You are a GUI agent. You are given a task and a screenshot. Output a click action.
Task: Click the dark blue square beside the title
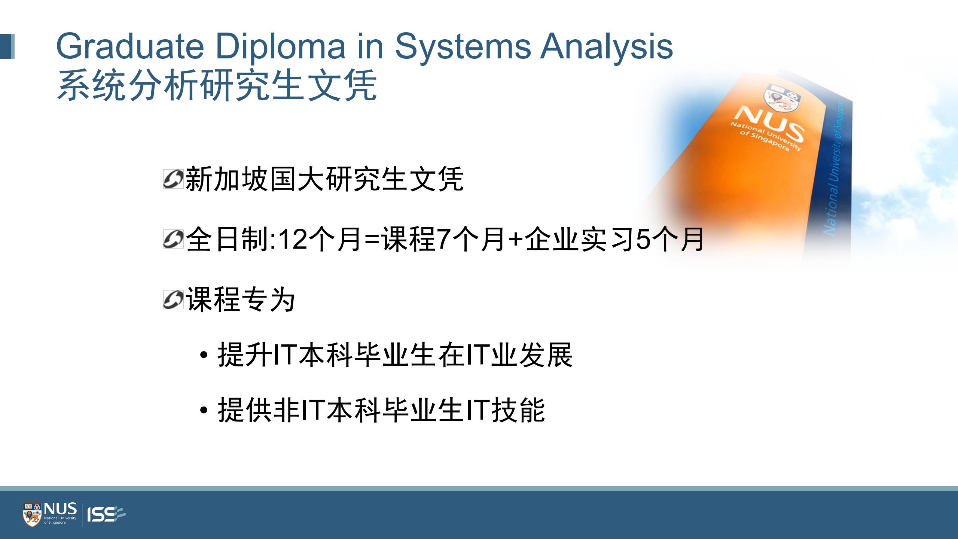point(7,46)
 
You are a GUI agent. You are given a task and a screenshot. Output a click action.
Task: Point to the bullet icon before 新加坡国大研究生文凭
point(173,179)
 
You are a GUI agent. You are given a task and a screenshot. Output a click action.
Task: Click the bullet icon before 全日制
point(173,239)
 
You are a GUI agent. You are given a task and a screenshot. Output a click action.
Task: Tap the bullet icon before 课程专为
point(173,299)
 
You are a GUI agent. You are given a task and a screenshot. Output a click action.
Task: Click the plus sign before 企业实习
point(516,240)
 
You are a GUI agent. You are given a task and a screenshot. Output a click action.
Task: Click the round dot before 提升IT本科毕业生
point(204,354)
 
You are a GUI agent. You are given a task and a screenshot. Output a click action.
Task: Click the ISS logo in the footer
point(106,514)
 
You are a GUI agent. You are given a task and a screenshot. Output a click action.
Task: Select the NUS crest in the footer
point(33,514)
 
